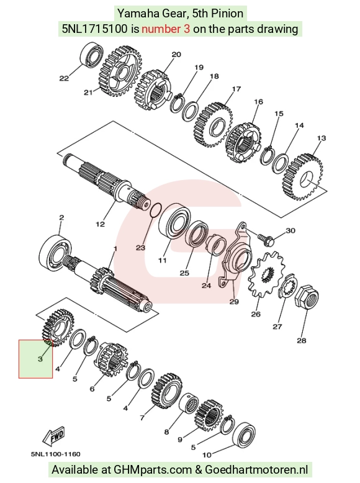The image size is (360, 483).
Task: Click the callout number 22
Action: coord(64,79)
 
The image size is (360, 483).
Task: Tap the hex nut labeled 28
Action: coord(307,297)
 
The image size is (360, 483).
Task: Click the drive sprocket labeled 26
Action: coord(266,274)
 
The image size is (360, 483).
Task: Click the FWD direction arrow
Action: coord(53,436)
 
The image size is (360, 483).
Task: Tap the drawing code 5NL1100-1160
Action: coord(56,454)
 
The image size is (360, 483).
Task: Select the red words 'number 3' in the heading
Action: coord(166,29)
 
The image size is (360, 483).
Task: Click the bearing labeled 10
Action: coord(243,438)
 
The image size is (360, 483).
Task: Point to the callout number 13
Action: coord(321,138)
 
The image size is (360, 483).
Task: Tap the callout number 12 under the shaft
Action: coord(100,224)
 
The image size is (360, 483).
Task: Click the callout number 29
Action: coord(235,301)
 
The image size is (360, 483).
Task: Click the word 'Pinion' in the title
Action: coord(227,13)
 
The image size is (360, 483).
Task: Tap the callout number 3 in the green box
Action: coord(40,359)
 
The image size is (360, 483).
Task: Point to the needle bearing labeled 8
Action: coord(189,404)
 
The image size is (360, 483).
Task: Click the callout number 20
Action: coord(176,55)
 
